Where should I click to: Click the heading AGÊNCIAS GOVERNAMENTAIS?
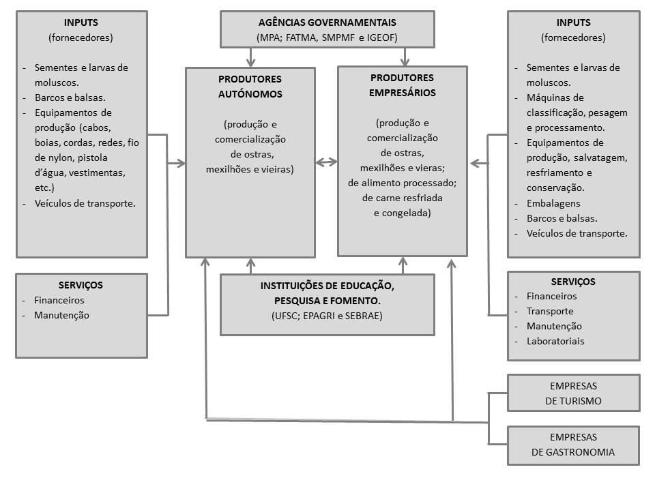[x=327, y=23]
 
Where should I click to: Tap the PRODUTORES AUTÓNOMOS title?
[x=250, y=87]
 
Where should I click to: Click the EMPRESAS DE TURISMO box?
[x=573, y=393]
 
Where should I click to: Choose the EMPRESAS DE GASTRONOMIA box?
[x=573, y=445]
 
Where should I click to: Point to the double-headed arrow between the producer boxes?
[x=327, y=162]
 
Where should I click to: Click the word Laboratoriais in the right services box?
[x=555, y=341]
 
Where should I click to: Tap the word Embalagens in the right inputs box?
[x=553, y=203]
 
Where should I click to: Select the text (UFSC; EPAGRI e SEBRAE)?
[x=327, y=316]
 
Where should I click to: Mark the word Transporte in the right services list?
[x=550, y=311]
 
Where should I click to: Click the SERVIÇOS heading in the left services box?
[x=81, y=285]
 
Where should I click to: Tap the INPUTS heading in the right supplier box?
[x=573, y=23]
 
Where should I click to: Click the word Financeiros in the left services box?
[x=59, y=300]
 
